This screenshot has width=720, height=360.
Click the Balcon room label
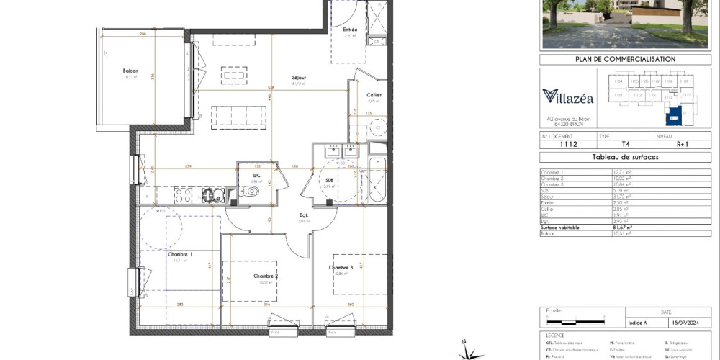[x=130, y=71]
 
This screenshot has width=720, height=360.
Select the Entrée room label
[x=350, y=30]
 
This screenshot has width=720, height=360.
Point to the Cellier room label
[x=374, y=96]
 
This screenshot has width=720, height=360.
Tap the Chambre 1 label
[x=179, y=255]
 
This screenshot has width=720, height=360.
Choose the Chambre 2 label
[x=265, y=276]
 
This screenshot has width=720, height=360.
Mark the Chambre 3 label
[x=341, y=268]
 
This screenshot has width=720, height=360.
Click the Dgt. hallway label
[x=305, y=215]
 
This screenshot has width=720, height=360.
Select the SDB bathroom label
[x=330, y=180]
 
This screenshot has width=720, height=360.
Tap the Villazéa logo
[x=568, y=96]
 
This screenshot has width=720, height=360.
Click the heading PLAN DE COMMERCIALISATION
[x=625, y=59]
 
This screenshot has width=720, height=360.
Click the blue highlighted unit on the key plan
[x=674, y=114]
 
